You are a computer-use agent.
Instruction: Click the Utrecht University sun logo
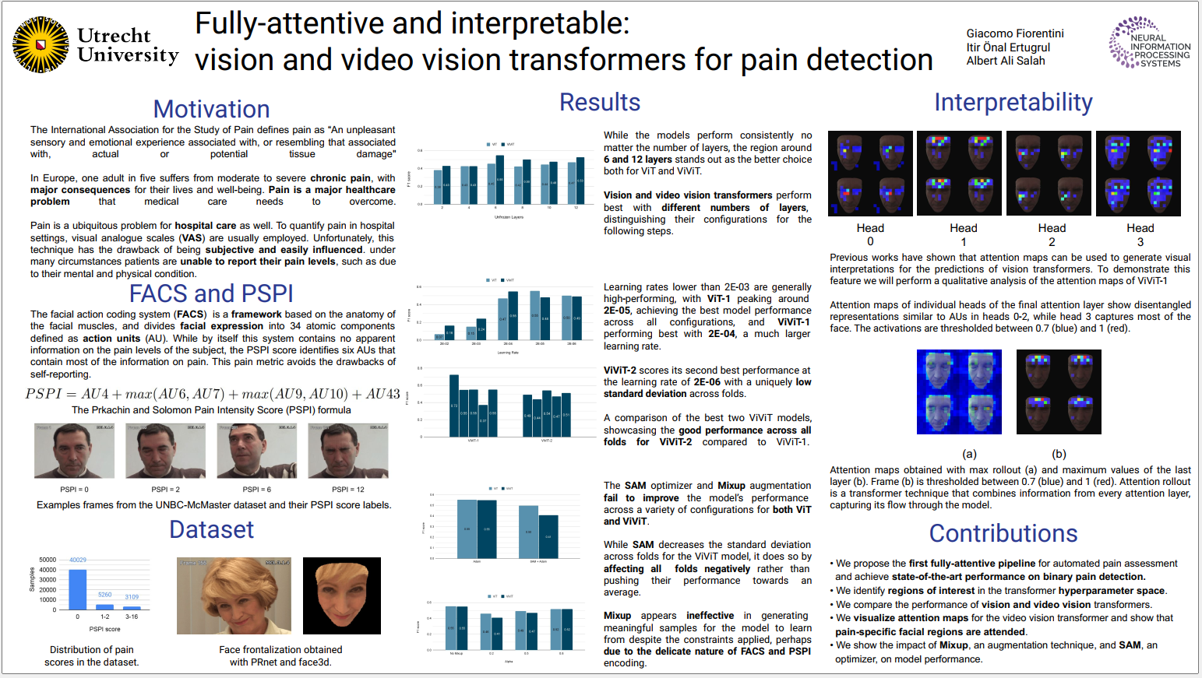pyautogui.click(x=41, y=45)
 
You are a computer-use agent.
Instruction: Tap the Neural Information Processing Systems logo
pyautogui.click(x=1149, y=43)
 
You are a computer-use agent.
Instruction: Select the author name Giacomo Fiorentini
pyautogui.click(x=1014, y=33)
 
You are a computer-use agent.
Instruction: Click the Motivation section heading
pyautogui.click(x=211, y=109)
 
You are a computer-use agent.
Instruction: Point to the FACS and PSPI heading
pyautogui.click(x=211, y=293)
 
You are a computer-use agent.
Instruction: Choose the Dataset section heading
pyautogui.click(x=211, y=529)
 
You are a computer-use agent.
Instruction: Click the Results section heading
pyautogui.click(x=599, y=102)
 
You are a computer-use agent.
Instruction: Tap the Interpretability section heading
pyautogui.click(x=1013, y=102)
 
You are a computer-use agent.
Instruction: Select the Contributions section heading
pyautogui.click(x=1003, y=533)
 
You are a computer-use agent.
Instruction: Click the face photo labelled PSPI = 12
pyautogui.click(x=348, y=451)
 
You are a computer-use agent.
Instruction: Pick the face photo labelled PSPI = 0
pyautogui.click(x=74, y=451)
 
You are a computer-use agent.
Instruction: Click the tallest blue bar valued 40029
pyautogui.click(x=78, y=588)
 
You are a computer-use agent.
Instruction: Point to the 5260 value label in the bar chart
pyautogui.click(x=104, y=595)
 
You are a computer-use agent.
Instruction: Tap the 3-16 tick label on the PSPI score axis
pyautogui.click(x=132, y=617)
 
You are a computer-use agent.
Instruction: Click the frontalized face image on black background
pyautogui.click(x=341, y=595)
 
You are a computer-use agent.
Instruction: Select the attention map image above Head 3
pyautogui.click(x=1138, y=173)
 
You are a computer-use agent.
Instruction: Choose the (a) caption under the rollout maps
pyautogui.click(x=969, y=454)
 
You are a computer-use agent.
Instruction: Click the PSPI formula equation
pyautogui.click(x=212, y=394)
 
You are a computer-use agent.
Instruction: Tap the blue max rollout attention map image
pyautogui.click(x=959, y=392)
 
